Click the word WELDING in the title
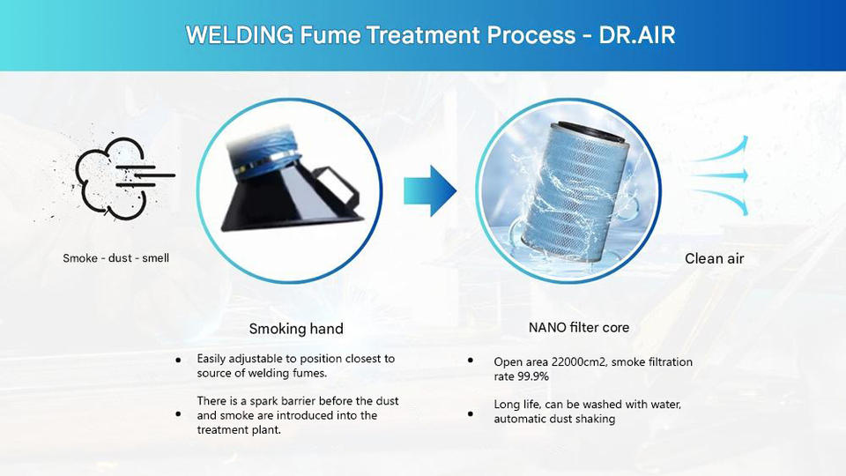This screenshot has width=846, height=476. (x=227, y=36)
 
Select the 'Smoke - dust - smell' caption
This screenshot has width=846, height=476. (x=115, y=258)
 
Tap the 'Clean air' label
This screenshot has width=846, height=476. (x=714, y=258)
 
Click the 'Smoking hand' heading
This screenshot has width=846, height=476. (x=296, y=329)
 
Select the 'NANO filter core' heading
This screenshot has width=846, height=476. (x=579, y=327)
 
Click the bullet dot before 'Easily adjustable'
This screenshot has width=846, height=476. (x=179, y=360)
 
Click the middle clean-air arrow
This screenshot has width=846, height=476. (x=720, y=174)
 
